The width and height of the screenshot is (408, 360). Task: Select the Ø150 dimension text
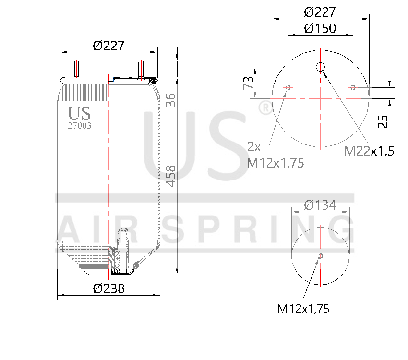pyautogui.click(x=320, y=29)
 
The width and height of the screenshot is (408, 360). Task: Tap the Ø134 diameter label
pyautogui.click(x=320, y=205)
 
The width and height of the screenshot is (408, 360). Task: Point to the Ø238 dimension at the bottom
pyautogui.click(x=108, y=288)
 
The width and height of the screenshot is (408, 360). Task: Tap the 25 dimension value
pyautogui.click(x=383, y=121)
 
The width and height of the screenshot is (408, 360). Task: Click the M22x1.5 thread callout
pyautogui.click(x=369, y=151)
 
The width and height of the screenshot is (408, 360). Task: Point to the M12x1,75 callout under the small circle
pyautogui.click(x=303, y=309)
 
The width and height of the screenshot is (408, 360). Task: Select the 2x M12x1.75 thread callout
pyautogui.click(x=276, y=155)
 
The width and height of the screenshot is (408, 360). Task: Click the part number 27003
pyautogui.click(x=80, y=126)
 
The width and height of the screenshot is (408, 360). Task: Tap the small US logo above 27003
pyautogui.click(x=79, y=113)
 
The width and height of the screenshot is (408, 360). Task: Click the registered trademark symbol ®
pyautogui.click(x=264, y=108)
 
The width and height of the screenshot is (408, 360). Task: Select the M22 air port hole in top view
pyautogui.click(x=321, y=67)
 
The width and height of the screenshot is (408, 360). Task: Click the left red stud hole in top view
pyautogui.click(x=301, y=87)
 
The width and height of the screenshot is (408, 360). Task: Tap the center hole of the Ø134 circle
pyautogui.click(x=321, y=256)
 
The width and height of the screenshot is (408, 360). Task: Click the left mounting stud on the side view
pyautogui.click(x=76, y=69)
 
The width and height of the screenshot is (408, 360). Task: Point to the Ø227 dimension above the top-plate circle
pyautogui.click(x=320, y=12)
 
